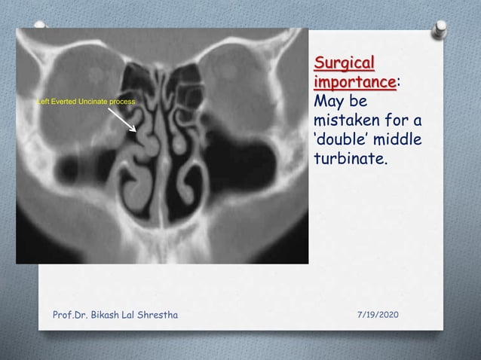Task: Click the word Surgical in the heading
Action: click(345, 61)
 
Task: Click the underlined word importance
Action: click(354, 81)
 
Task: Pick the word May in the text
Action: click(328, 100)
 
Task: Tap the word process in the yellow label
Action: click(121, 101)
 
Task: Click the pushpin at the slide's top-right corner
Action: click(439, 29)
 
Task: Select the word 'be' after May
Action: click(359, 100)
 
